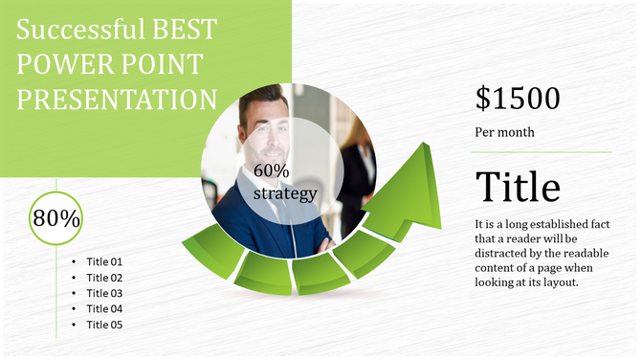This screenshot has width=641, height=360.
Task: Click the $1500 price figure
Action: point(518,98)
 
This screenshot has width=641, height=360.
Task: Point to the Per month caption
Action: point(504,132)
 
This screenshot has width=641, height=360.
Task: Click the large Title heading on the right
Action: point(518,187)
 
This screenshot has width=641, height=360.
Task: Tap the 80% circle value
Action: point(56,217)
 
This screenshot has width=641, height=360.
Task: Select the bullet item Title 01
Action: point(104,261)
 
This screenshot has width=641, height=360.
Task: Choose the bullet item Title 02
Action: point(104,278)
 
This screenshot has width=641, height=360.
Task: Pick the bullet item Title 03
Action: point(104,293)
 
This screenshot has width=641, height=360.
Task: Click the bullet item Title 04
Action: point(104,308)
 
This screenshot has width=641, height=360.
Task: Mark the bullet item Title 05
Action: point(104,325)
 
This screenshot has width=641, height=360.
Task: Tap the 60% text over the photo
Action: point(272,170)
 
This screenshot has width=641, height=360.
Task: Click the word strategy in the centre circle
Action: point(284,193)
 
